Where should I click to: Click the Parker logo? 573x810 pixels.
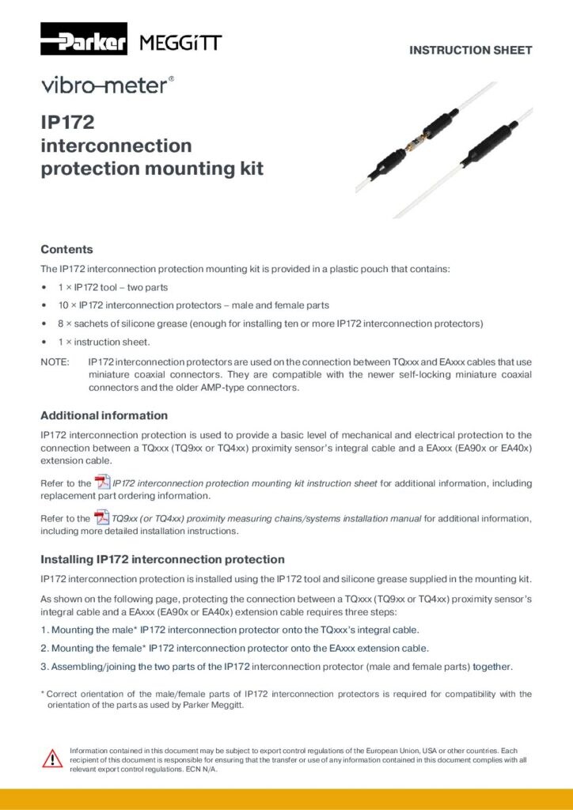(x=84, y=40)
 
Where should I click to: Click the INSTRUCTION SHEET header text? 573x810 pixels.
(x=470, y=51)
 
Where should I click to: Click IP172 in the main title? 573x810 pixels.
(x=67, y=123)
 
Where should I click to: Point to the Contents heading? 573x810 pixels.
(x=66, y=249)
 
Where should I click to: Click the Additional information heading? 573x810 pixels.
(x=104, y=415)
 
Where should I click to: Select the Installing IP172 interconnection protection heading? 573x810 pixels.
(x=162, y=559)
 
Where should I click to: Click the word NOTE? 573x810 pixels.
(x=55, y=362)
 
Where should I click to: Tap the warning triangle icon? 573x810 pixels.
(x=52, y=758)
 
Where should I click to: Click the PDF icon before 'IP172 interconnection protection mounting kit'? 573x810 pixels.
(x=103, y=483)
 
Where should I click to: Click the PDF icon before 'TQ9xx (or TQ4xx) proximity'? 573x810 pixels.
(x=103, y=518)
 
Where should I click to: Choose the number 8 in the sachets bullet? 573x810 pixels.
(x=61, y=324)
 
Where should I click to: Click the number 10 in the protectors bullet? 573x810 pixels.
(x=63, y=305)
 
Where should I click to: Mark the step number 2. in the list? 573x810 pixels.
(x=45, y=648)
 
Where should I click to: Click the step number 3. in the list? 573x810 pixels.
(x=45, y=666)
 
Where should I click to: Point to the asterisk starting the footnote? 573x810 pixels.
(x=43, y=694)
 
